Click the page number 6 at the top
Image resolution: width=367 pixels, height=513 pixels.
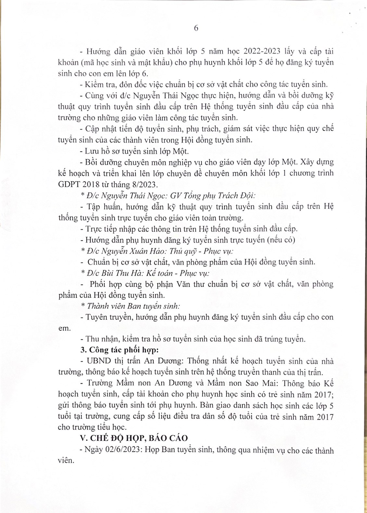click(196, 28)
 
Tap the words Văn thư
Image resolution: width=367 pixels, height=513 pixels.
click(214, 284)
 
